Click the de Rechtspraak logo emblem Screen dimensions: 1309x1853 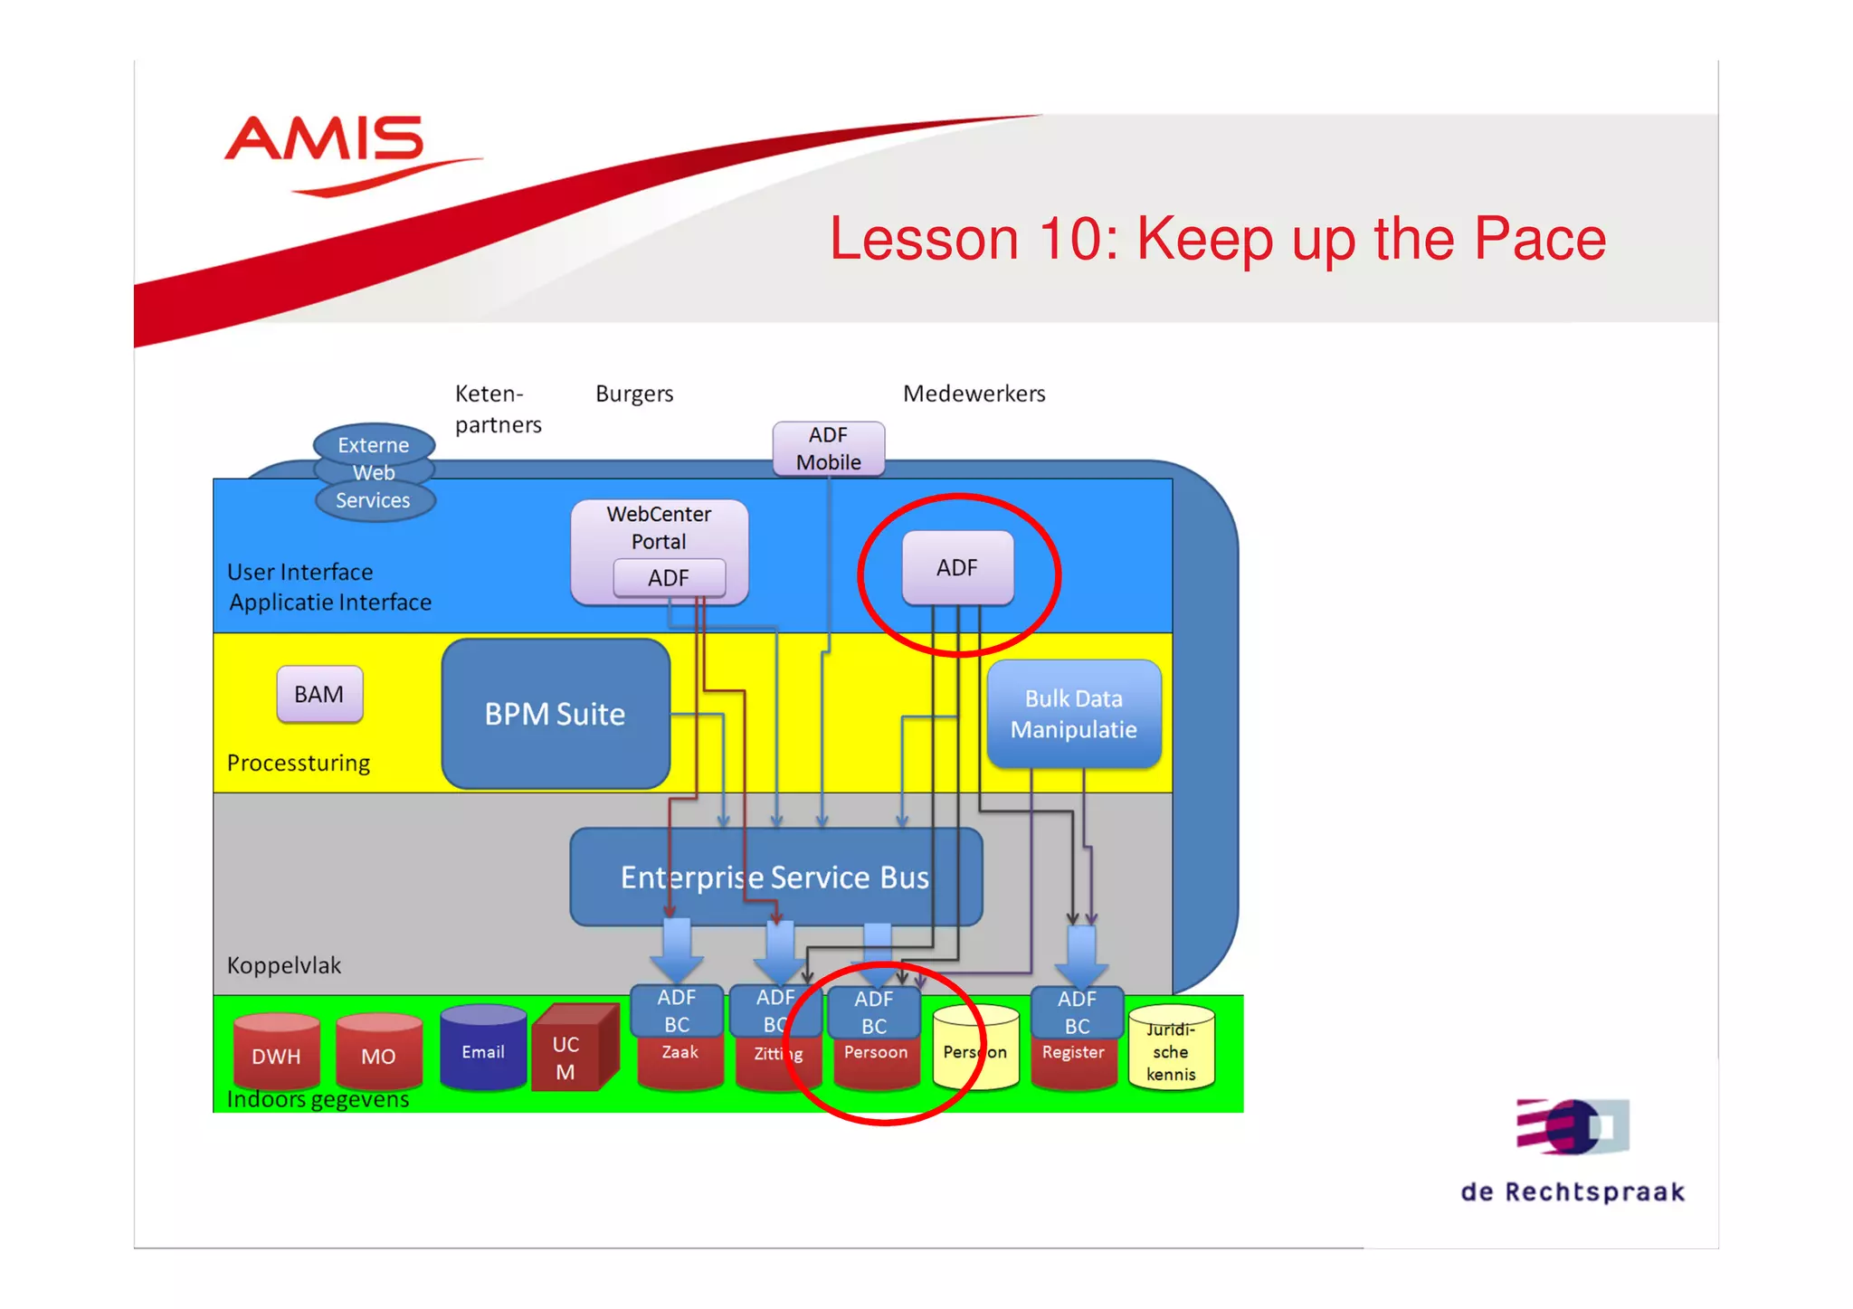[1573, 1126]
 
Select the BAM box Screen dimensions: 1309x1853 [319, 695]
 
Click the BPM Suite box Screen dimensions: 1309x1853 [556, 715]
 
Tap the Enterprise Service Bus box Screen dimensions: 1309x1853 [775, 877]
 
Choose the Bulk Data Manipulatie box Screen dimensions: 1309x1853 [1074, 715]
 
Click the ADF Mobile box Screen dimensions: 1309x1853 [828, 449]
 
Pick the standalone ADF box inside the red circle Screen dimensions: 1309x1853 [957, 568]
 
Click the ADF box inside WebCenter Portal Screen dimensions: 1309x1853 [669, 578]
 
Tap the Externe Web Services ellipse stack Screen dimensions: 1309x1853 [374, 472]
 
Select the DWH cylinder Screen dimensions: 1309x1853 [277, 1052]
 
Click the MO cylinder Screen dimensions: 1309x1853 [378, 1052]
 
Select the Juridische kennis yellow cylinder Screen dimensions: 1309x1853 [1171, 1050]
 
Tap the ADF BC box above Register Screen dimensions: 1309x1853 [1077, 1012]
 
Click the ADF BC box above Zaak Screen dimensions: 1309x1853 [677, 1010]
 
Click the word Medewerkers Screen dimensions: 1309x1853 [974, 394]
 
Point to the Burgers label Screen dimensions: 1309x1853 [634, 394]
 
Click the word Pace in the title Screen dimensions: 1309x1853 [1540, 239]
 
